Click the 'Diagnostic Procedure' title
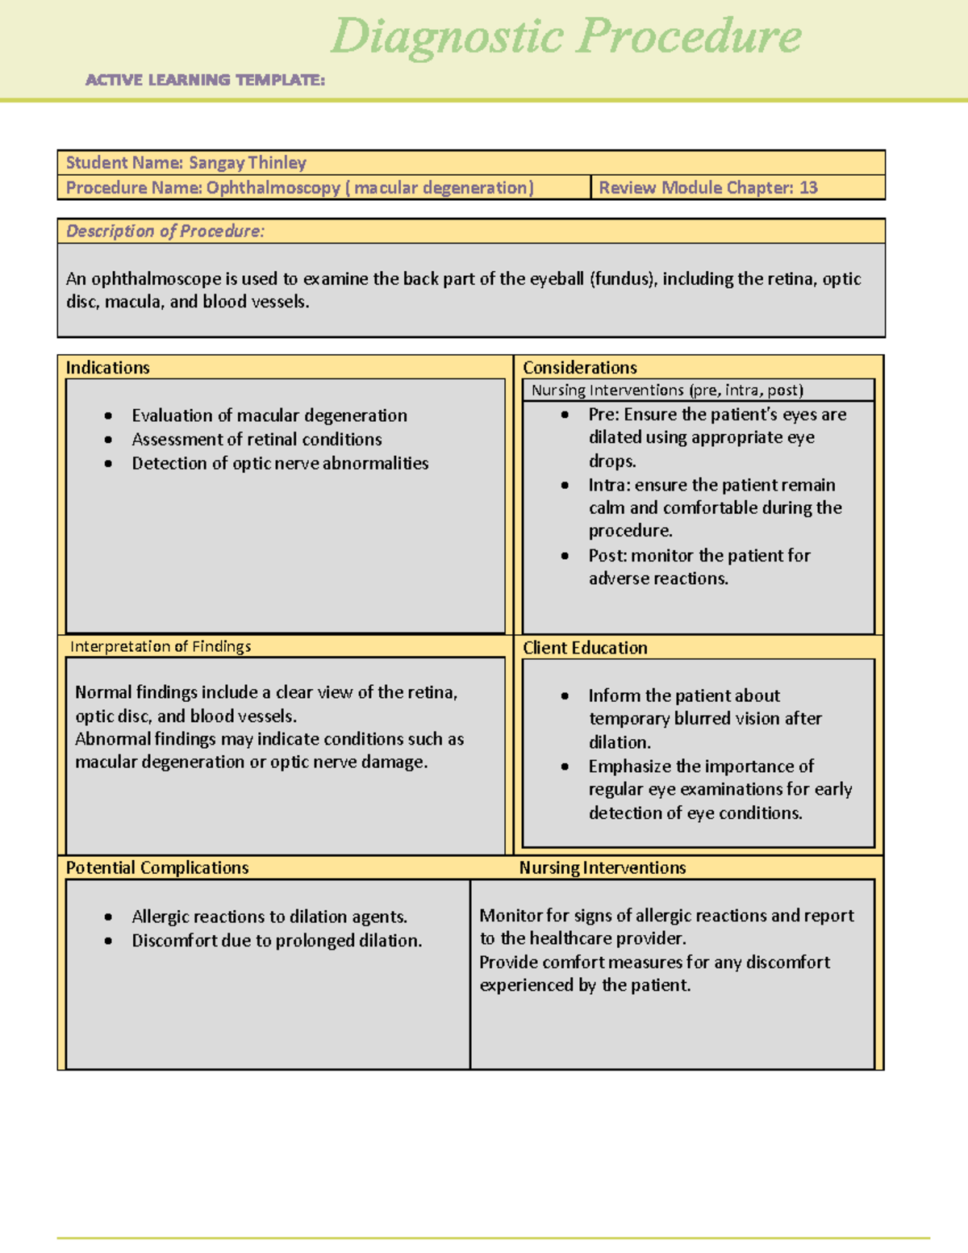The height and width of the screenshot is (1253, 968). pyautogui.click(x=565, y=37)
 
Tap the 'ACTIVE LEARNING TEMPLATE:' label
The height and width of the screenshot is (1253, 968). pyautogui.click(x=205, y=80)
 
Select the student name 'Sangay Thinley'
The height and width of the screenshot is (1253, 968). pyautogui.click(x=248, y=163)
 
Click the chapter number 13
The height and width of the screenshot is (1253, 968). pyautogui.click(x=808, y=188)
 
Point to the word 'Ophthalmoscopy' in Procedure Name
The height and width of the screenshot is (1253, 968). pyautogui.click(x=273, y=188)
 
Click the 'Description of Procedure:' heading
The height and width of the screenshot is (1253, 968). pyautogui.click(x=165, y=232)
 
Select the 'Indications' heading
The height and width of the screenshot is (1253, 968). pyautogui.click(x=108, y=368)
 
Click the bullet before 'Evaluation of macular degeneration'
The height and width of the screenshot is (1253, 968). pyautogui.click(x=108, y=416)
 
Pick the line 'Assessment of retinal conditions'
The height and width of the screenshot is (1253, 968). pyautogui.click(x=257, y=440)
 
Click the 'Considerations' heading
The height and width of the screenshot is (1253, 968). pyautogui.click(x=580, y=368)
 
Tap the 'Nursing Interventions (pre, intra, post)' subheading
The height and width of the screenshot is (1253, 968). pyautogui.click(x=667, y=391)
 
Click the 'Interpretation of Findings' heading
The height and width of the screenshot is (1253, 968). pyautogui.click(x=161, y=647)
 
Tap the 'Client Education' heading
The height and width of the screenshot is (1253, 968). pyautogui.click(x=585, y=648)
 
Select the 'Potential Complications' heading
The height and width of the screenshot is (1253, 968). pyautogui.click(x=157, y=868)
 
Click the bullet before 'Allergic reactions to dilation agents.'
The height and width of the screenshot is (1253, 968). pyautogui.click(x=108, y=917)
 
